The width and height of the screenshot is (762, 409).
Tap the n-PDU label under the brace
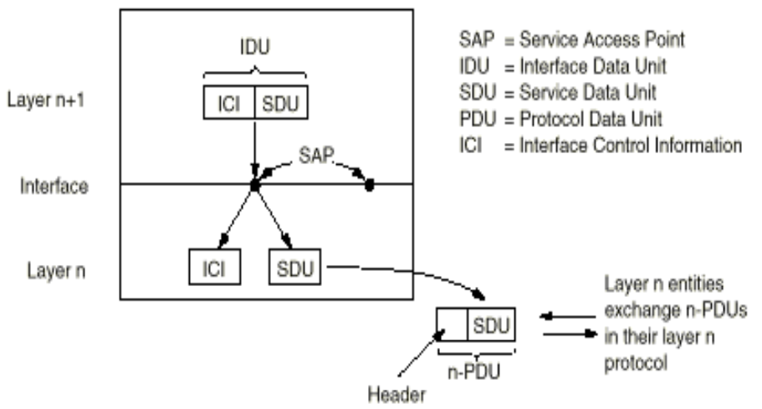475,368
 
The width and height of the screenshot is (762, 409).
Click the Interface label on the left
54,185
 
